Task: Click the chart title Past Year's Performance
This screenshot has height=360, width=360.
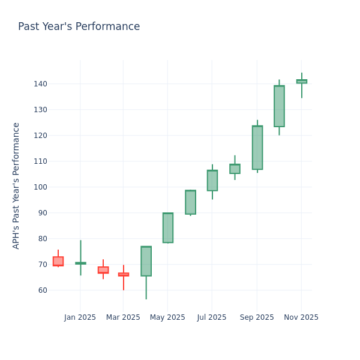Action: click(x=79, y=27)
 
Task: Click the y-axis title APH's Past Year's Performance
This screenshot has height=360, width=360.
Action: click(x=17, y=185)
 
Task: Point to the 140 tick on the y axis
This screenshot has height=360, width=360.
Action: click(x=40, y=84)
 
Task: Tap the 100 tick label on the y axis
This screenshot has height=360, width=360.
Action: click(x=40, y=187)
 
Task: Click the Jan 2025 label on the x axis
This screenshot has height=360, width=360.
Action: click(x=80, y=317)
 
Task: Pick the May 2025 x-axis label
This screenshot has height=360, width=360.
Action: click(x=167, y=317)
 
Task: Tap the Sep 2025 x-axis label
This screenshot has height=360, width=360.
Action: click(x=256, y=317)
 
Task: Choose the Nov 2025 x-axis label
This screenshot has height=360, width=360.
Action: click(x=301, y=317)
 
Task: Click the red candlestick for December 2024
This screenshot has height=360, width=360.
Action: click(x=58, y=261)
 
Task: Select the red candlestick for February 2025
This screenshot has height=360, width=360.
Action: click(x=103, y=270)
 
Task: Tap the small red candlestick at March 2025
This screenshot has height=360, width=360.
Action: click(x=124, y=274)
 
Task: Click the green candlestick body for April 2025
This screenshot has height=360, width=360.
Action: click(x=146, y=261)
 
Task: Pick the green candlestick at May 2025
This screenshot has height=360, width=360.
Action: click(x=168, y=228)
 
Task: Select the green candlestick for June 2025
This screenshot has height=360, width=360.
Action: click(x=190, y=202)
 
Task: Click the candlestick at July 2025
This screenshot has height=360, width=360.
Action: click(x=212, y=181)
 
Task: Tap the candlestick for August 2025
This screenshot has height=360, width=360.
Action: click(x=235, y=169)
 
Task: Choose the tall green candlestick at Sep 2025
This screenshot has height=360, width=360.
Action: click(x=257, y=148)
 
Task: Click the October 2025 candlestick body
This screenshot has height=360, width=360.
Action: click(x=279, y=106)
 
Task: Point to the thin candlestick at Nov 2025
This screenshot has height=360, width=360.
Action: click(x=301, y=81)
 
